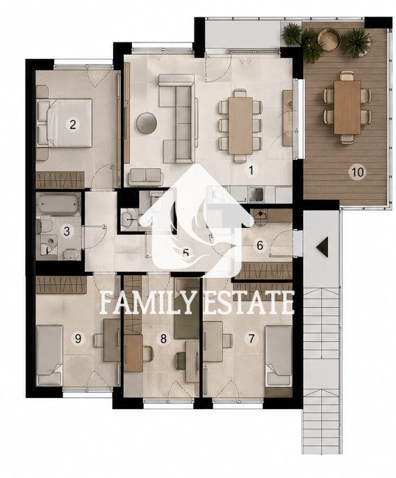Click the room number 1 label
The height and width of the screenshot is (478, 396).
tap(251, 170)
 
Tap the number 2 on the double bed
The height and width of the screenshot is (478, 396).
tap(72, 124)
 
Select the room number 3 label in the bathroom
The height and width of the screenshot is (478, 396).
tap(67, 231)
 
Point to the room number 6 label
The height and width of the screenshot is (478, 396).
tap(260, 245)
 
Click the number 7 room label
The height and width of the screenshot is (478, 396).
tap(251, 338)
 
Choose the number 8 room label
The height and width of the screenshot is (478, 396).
tap(163, 338)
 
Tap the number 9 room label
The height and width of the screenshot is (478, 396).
tap(78, 338)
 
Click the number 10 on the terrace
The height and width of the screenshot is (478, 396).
tap(358, 172)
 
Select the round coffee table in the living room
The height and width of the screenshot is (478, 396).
tap(147, 123)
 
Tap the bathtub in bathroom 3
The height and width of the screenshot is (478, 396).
tap(58, 204)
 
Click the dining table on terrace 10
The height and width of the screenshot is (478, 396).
tap(347, 107)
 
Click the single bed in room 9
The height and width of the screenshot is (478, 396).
tap(49, 355)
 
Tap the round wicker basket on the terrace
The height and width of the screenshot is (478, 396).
tap(329, 39)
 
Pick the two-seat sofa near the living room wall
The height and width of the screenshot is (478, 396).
tap(146, 176)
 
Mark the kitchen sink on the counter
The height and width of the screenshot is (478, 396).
tap(256, 195)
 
